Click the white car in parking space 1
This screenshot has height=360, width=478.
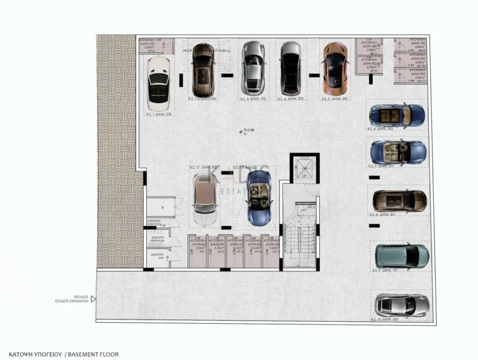pos(158,83)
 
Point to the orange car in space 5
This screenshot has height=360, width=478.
pos(334,67)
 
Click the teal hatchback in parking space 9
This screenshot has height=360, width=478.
pos(401,257)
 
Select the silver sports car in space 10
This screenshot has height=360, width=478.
pos(401,305)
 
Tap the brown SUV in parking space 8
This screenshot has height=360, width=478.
pos(400,201)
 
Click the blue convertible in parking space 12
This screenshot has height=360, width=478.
pos(258,198)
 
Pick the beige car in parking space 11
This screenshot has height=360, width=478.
pos(204,200)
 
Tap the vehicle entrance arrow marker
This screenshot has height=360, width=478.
pos(93,299)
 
